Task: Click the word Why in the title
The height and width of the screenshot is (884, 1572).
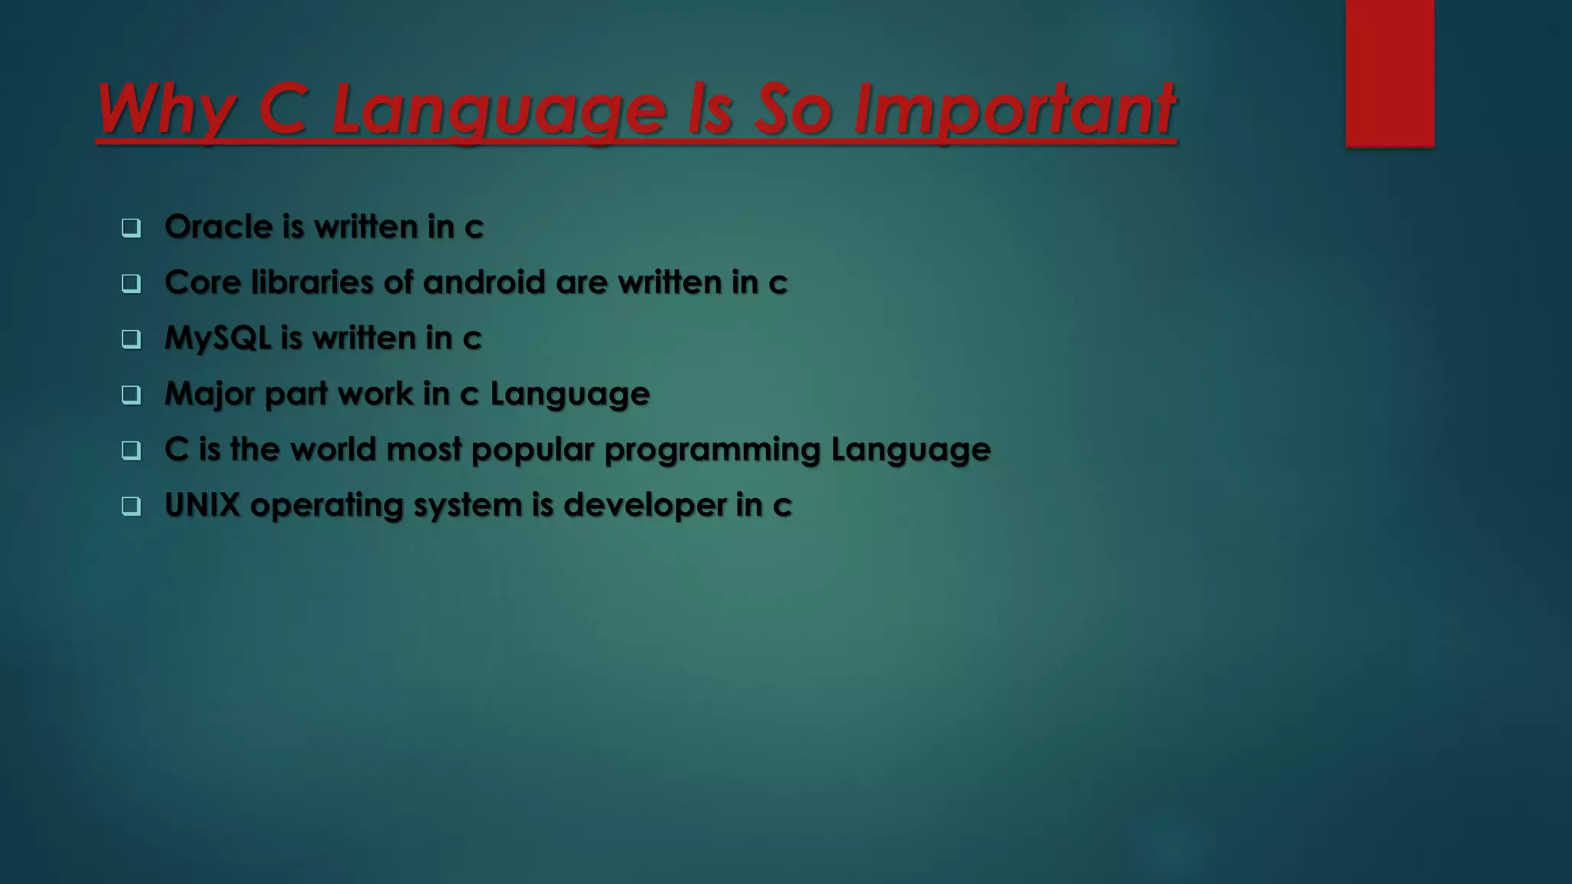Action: click(x=166, y=109)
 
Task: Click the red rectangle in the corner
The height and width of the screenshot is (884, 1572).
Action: click(x=1389, y=73)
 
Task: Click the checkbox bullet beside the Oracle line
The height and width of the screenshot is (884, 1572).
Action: click(x=131, y=228)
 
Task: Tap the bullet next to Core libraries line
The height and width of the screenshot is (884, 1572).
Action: click(x=131, y=284)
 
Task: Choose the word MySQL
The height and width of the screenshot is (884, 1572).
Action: click(x=217, y=338)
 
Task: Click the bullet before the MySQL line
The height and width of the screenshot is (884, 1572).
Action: click(x=131, y=339)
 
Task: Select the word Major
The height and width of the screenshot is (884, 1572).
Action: click(x=210, y=394)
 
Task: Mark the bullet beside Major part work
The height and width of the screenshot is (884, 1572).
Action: click(x=131, y=395)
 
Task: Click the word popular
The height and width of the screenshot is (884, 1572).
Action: click(x=533, y=450)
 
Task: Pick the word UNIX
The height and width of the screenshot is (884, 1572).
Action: click(x=202, y=505)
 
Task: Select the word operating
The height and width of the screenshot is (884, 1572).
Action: click(x=326, y=505)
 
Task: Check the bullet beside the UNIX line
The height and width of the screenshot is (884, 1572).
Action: click(x=131, y=506)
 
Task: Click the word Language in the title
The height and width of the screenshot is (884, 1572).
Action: click(x=499, y=109)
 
